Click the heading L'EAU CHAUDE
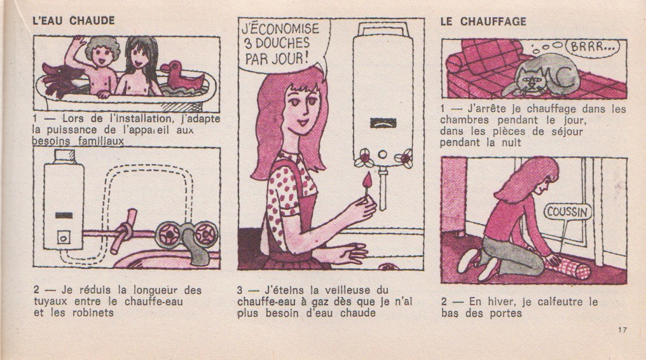(x=73, y=20)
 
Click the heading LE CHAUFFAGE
(x=483, y=21)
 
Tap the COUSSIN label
(x=568, y=211)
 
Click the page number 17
(x=621, y=329)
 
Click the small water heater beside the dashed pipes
(x=63, y=200)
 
